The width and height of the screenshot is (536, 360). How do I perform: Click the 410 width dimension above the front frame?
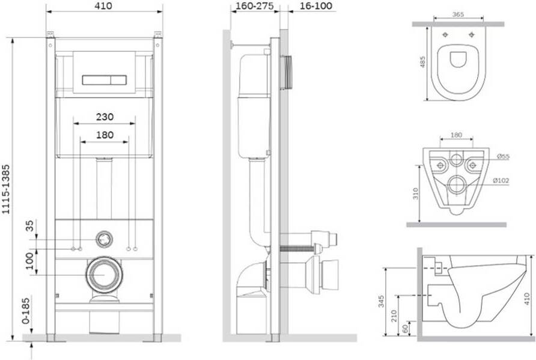click(103, 6)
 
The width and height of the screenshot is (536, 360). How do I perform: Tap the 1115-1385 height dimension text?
click(6, 189)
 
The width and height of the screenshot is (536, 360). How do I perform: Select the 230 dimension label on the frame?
click(105, 117)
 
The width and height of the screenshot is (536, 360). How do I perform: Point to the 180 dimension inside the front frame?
click(105, 135)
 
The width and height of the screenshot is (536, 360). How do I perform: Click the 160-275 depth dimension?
click(254, 6)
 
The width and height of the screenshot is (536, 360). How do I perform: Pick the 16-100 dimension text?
click(316, 6)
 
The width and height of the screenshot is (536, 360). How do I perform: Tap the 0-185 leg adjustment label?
click(26, 311)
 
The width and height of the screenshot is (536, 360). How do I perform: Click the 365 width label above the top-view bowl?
click(458, 14)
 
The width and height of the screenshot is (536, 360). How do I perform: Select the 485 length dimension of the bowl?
click(423, 62)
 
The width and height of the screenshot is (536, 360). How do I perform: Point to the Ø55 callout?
click(503, 157)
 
